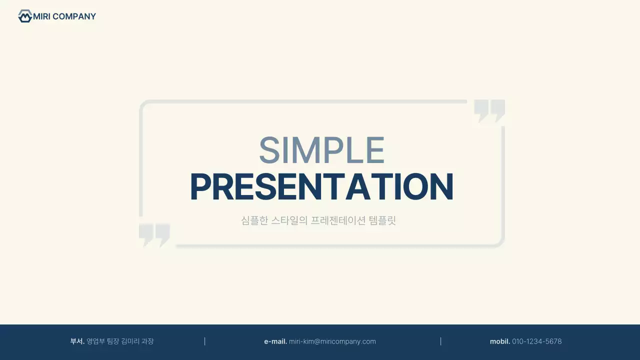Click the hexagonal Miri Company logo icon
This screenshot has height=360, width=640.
(24, 16)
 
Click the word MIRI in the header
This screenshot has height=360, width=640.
(41, 16)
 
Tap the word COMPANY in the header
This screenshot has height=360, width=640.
(74, 16)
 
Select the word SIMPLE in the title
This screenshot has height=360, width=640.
(321, 150)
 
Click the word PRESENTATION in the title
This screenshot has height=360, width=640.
(321, 187)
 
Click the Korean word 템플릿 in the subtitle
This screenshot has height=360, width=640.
(382, 220)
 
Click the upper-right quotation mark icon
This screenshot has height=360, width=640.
(489, 110)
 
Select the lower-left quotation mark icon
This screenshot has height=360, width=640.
(154, 234)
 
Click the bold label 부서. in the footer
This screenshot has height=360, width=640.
(77, 341)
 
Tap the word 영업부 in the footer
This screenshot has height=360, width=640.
(95, 341)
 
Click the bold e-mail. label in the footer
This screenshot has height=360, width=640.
(275, 341)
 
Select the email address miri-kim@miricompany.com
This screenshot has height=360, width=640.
(332, 341)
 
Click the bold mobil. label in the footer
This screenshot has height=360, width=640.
(500, 341)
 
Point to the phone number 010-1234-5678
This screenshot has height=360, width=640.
(537, 341)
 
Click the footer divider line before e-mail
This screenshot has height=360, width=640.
(205, 341)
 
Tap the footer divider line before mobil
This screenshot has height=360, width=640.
(440, 341)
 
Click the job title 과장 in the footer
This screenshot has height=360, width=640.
(147, 341)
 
